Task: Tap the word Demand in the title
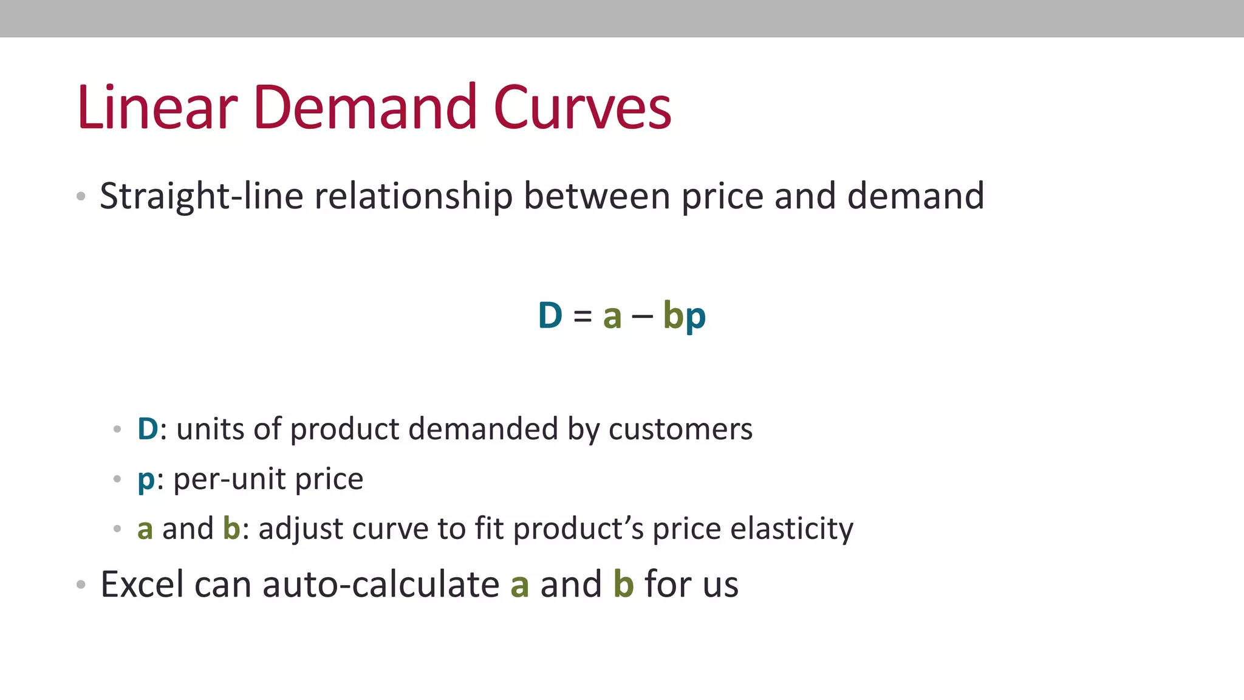click(x=364, y=108)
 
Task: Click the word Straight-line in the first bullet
click(x=201, y=196)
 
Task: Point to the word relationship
click(x=413, y=196)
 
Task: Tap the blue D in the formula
click(x=550, y=315)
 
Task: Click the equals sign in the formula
click(x=583, y=316)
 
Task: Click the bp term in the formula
click(x=684, y=316)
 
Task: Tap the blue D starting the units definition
click(x=148, y=429)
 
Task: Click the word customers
click(x=680, y=429)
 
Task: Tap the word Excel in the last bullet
click(x=142, y=585)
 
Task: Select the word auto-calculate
click(x=381, y=585)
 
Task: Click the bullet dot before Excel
click(x=81, y=585)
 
